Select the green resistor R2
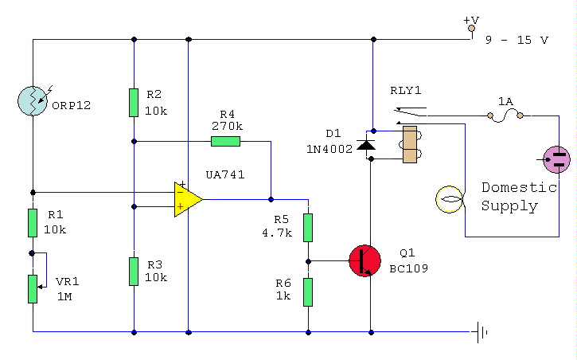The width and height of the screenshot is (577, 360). click(x=134, y=103)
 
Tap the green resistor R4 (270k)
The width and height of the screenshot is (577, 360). click(x=225, y=142)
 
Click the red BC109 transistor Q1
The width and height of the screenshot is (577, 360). click(x=365, y=260)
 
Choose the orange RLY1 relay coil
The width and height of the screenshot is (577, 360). click(x=410, y=144)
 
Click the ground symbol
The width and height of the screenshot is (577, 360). click(x=481, y=331)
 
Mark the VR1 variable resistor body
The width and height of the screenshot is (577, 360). click(x=33, y=288)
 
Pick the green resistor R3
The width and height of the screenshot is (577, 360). click(x=134, y=271)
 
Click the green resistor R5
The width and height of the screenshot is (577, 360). click(x=308, y=227)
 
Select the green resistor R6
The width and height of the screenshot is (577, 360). click(x=308, y=292)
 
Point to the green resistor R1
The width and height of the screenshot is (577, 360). click(x=33, y=223)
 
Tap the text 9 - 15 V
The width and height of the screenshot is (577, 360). click(x=517, y=40)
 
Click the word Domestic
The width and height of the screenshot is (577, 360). click(x=519, y=188)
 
